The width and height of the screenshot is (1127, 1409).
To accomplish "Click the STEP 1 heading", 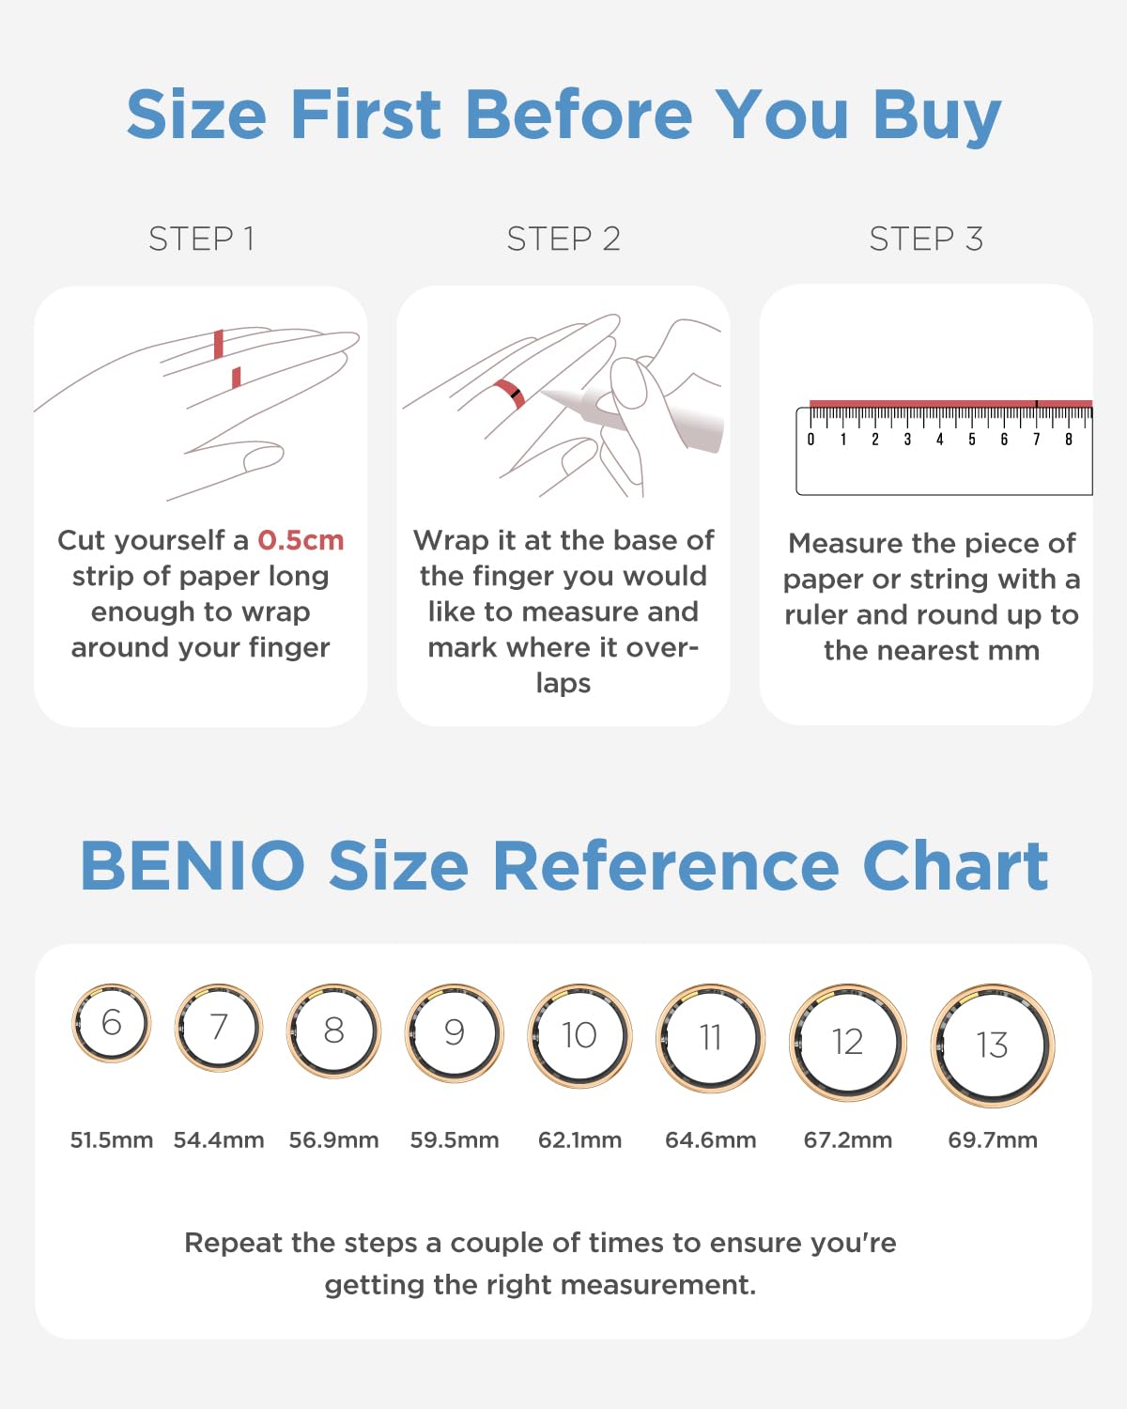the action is (201, 239).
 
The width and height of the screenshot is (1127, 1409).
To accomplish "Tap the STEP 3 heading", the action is (926, 239).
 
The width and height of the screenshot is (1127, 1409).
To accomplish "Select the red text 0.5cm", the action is (301, 541).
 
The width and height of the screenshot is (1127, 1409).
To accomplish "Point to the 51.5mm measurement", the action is (112, 1140).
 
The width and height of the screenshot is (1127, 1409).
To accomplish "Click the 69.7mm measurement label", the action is (993, 1140).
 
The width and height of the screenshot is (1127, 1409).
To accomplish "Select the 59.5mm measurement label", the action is (455, 1140).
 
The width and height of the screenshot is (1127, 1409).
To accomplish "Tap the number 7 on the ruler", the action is (1036, 440).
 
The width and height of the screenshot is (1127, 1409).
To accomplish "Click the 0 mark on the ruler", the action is (811, 440).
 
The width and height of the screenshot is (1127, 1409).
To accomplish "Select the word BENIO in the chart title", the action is (193, 866).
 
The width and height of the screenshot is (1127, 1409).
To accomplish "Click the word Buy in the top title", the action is (937, 116).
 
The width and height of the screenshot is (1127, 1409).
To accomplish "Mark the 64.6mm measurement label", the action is (711, 1140).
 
